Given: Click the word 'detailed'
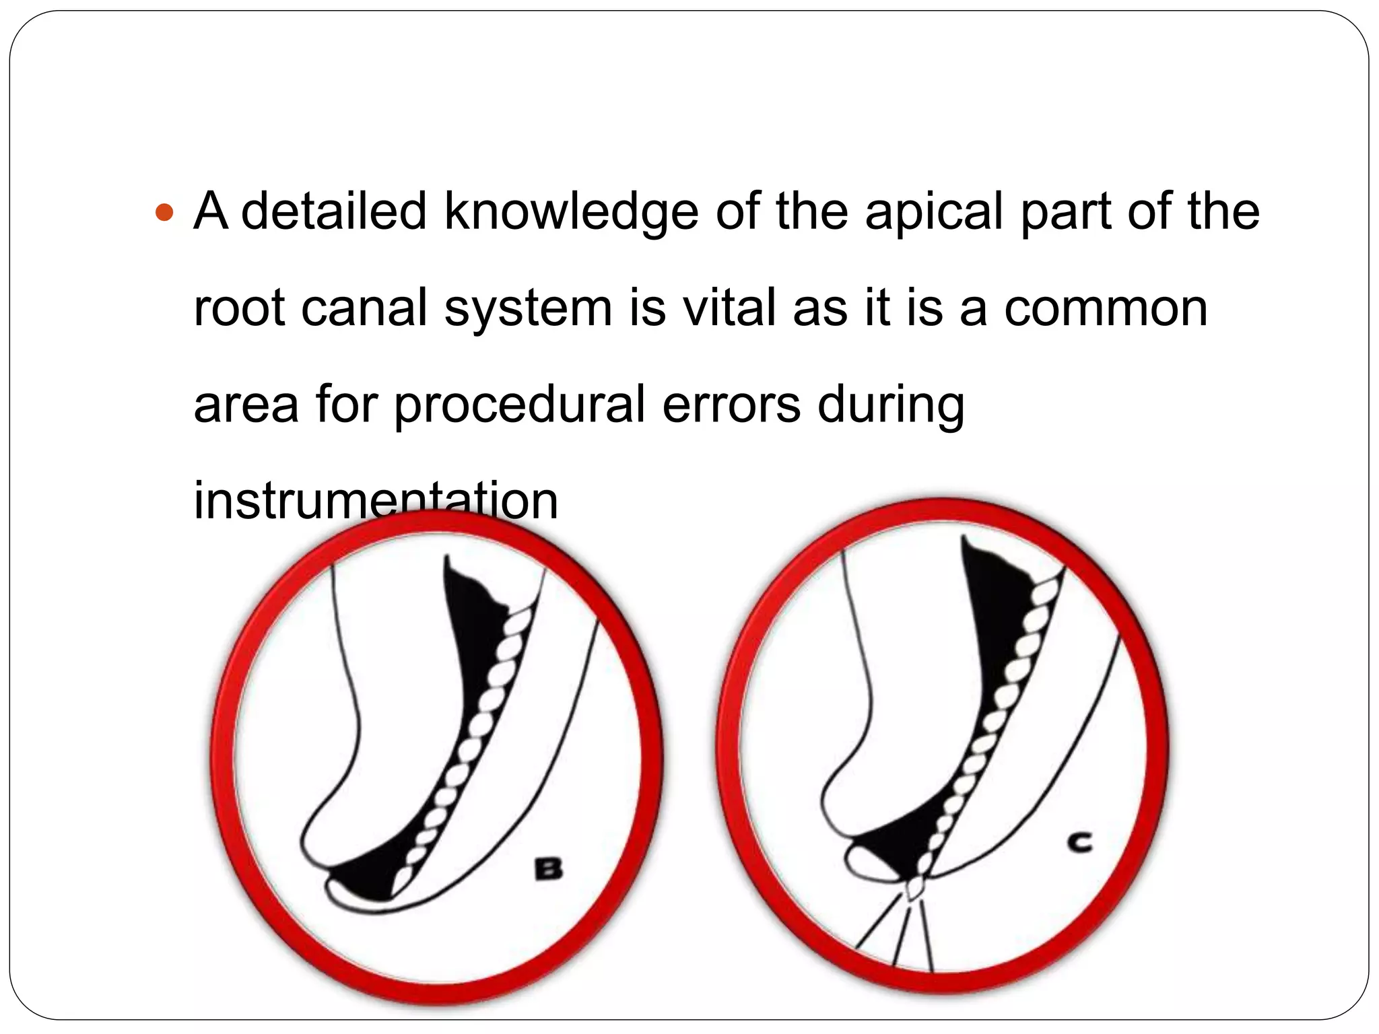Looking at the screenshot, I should click(x=333, y=211).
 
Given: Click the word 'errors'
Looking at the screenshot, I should click(x=731, y=405).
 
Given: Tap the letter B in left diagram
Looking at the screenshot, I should click(x=548, y=869).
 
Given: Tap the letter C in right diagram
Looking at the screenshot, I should click(x=1080, y=843).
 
